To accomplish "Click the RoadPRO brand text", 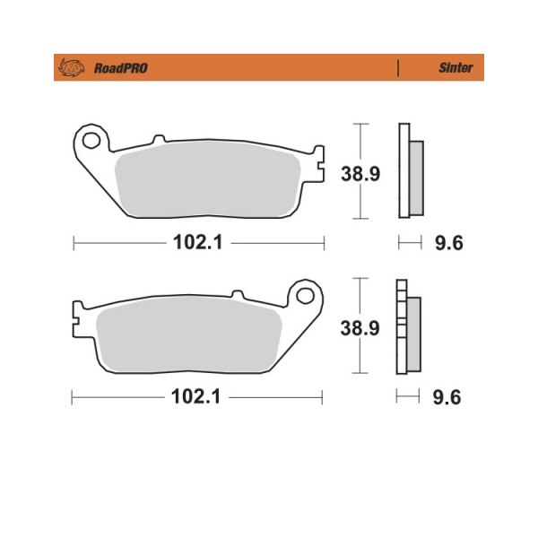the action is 121,68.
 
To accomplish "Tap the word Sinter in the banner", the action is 456,67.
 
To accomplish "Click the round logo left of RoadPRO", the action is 72,67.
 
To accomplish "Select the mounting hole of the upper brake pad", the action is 91,141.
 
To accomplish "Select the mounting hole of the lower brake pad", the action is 305,296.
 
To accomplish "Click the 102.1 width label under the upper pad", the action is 198,242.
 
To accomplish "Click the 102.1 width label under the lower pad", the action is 195,396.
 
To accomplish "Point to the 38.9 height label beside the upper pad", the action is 360,174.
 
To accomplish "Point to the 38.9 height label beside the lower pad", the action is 360,328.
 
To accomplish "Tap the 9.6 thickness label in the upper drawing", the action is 449,243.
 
